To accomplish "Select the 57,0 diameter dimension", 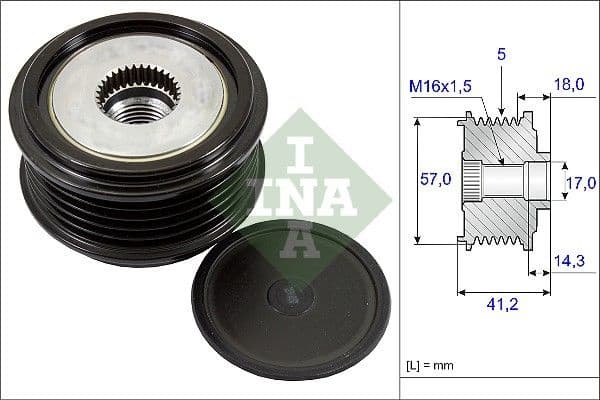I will point(431,181).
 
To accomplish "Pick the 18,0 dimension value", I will point(570,87).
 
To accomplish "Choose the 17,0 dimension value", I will point(579,182).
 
